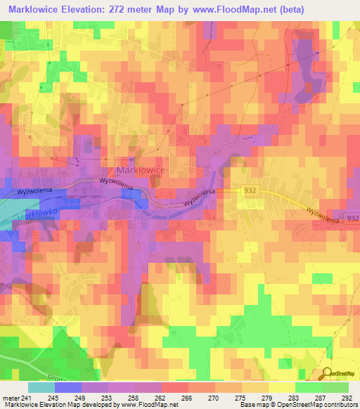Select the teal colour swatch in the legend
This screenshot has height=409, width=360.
coord(41,387)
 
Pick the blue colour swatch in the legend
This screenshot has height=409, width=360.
coord(68,387)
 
